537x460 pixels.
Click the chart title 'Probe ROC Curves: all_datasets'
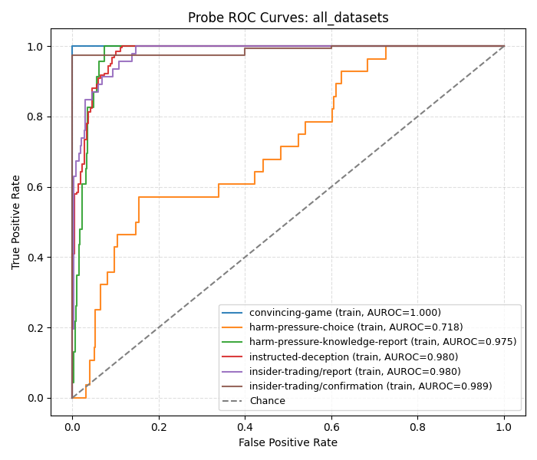288,18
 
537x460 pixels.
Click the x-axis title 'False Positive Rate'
288,442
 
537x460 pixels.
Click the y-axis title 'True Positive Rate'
16,222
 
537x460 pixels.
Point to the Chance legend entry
267,401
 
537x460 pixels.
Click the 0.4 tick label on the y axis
35,258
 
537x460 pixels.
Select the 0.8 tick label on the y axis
35,117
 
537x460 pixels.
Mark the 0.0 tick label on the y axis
35,398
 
